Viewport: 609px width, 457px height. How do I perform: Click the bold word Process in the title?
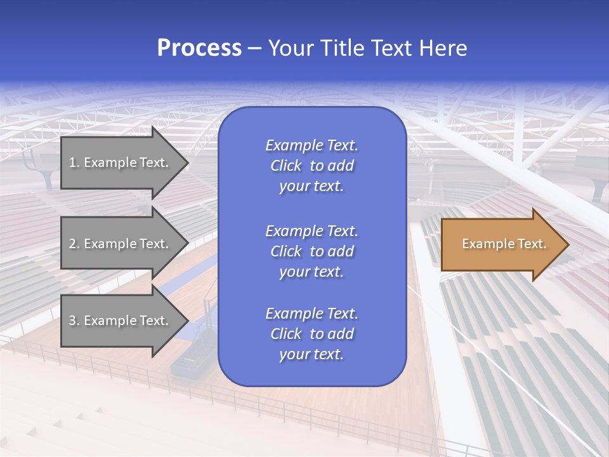(199, 48)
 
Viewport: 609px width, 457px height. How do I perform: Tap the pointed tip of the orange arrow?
(566, 244)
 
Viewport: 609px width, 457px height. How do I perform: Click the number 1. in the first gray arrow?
(74, 162)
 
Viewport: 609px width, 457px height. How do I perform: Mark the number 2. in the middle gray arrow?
(74, 244)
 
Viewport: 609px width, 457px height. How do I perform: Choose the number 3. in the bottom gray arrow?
(74, 321)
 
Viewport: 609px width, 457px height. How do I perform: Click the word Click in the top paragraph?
(285, 166)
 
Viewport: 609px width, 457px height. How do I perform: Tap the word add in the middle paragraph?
(341, 251)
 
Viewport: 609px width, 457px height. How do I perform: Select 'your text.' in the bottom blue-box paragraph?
(311, 355)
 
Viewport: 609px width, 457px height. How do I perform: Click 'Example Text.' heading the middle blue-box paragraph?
(311, 230)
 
